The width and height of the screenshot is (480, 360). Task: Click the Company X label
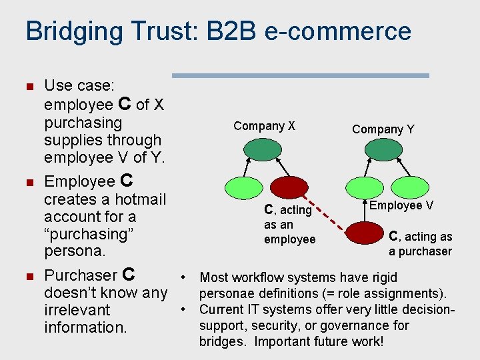[x=264, y=126]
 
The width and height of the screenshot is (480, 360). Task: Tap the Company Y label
[x=383, y=129]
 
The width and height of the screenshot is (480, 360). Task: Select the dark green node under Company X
[x=258, y=150]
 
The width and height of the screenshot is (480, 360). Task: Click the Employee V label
[x=401, y=205]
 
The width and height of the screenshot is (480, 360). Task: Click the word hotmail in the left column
[x=141, y=199]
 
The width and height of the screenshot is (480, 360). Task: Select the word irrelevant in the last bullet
[x=77, y=310]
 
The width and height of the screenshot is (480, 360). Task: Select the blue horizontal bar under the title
[x=300, y=76]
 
